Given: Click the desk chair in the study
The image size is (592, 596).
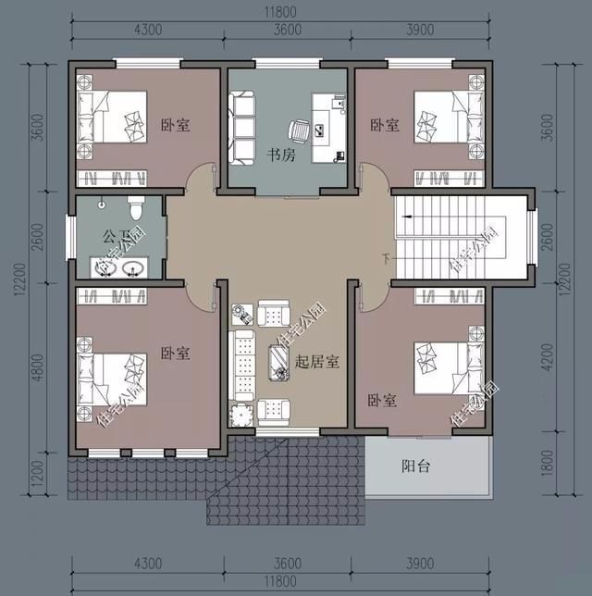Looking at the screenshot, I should [299, 131].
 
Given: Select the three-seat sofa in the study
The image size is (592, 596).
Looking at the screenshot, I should [241, 125].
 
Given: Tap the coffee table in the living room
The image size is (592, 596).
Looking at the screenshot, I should [278, 361].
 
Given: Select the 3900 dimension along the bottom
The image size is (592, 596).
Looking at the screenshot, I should [419, 564].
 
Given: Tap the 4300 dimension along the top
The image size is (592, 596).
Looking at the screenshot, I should [147, 30].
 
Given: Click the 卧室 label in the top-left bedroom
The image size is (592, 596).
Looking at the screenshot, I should [175, 124].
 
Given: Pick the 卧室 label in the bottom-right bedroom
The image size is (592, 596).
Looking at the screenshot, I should [382, 400].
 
